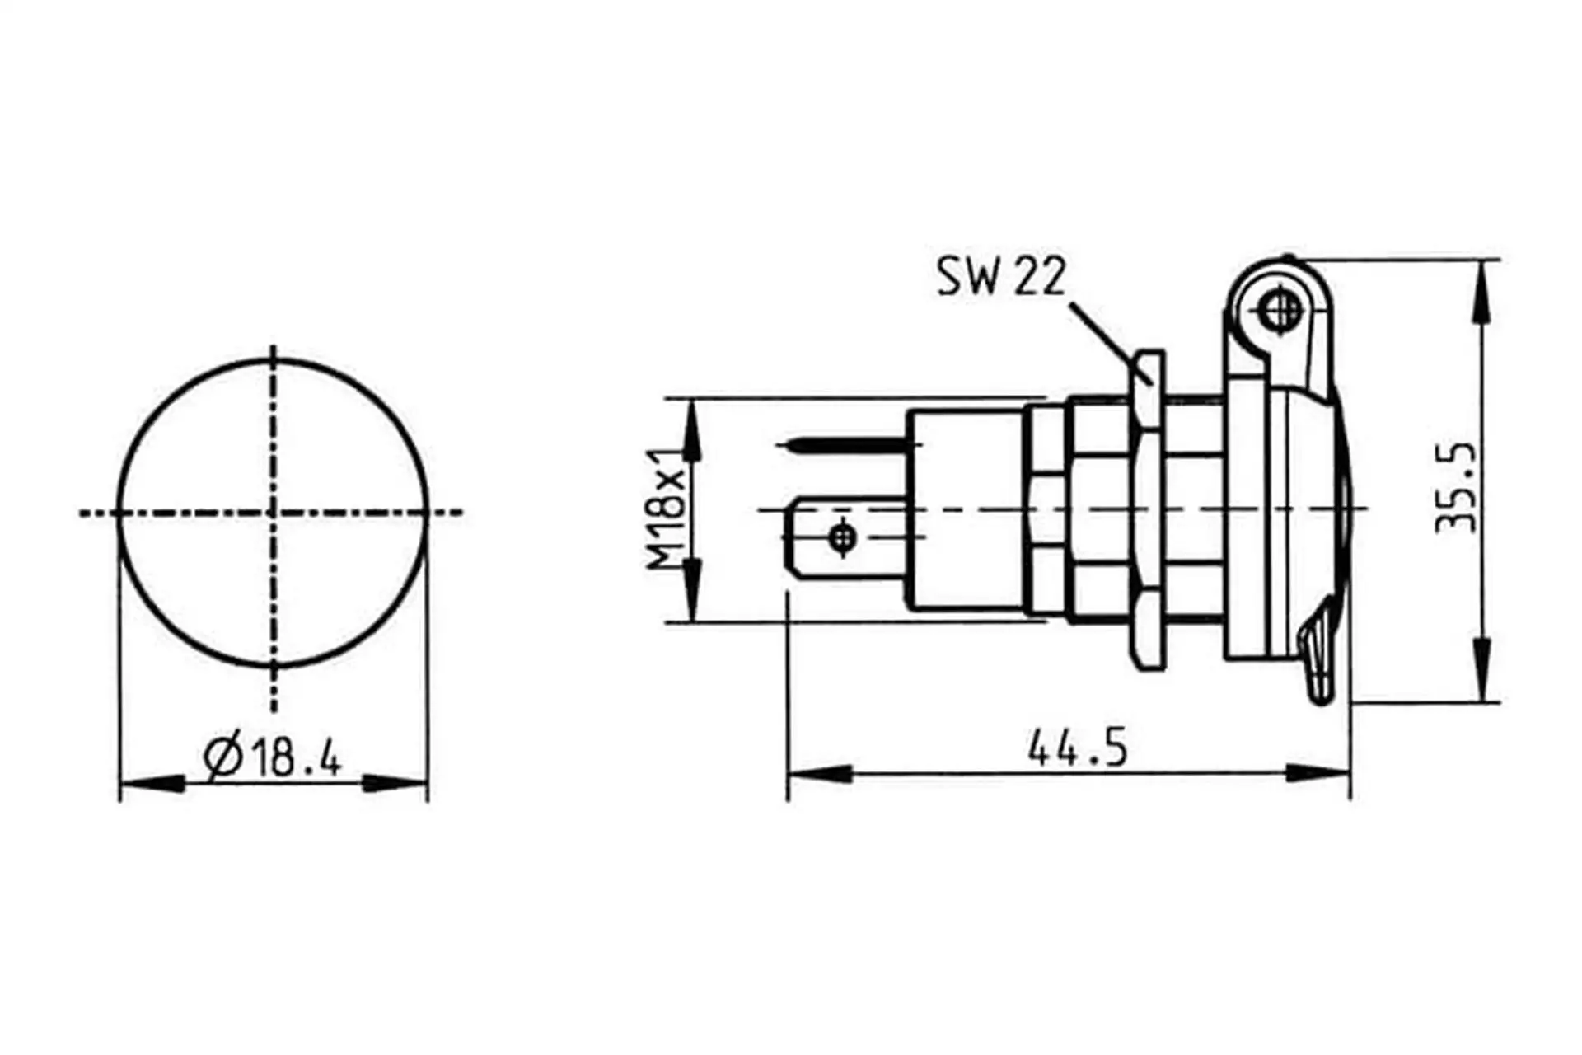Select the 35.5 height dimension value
[x=1456, y=488]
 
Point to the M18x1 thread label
[x=666, y=509]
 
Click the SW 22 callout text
[x=1001, y=276]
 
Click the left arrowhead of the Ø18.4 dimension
[x=152, y=782]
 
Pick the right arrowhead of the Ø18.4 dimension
[x=395, y=782]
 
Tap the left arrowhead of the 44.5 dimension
[x=820, y=774]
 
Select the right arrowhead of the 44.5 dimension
[x=1318, y=774]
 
